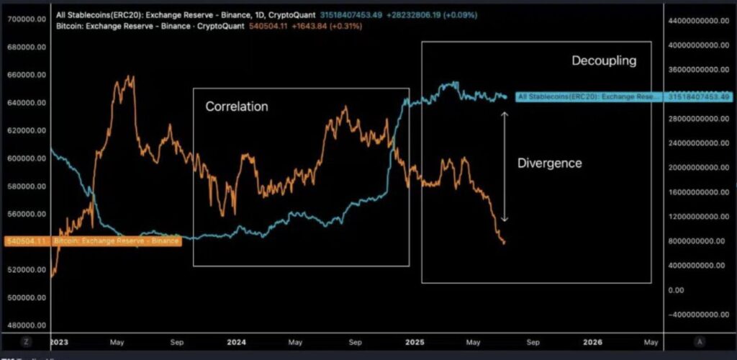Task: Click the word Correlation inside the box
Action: tap(236, 107)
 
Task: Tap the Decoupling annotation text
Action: tap(604, 60)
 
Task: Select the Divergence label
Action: tap(549, 163)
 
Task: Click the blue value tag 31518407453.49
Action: tap(699, 96)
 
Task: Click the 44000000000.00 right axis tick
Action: tap(699, 20)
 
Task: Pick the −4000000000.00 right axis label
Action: tap(697, 314)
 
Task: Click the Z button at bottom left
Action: tap(26, 341)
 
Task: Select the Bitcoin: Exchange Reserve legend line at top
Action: tap(115, 26)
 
